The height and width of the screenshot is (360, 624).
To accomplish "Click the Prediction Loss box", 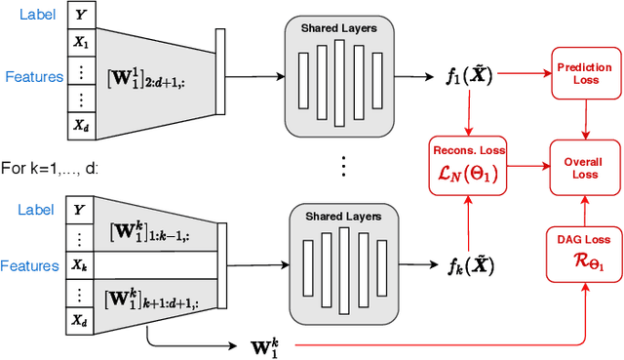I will [x=583, y=73].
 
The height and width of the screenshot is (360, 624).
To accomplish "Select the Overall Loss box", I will [x=583, y=162].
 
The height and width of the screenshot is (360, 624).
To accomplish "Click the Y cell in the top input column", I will [x=80, y=15].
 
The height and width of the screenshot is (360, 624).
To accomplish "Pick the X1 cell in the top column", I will [x=80, y=42].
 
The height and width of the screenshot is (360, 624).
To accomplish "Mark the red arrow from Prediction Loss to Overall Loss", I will [x=583, y=117].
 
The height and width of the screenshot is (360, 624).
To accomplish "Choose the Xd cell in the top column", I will [x=80, y=124].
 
